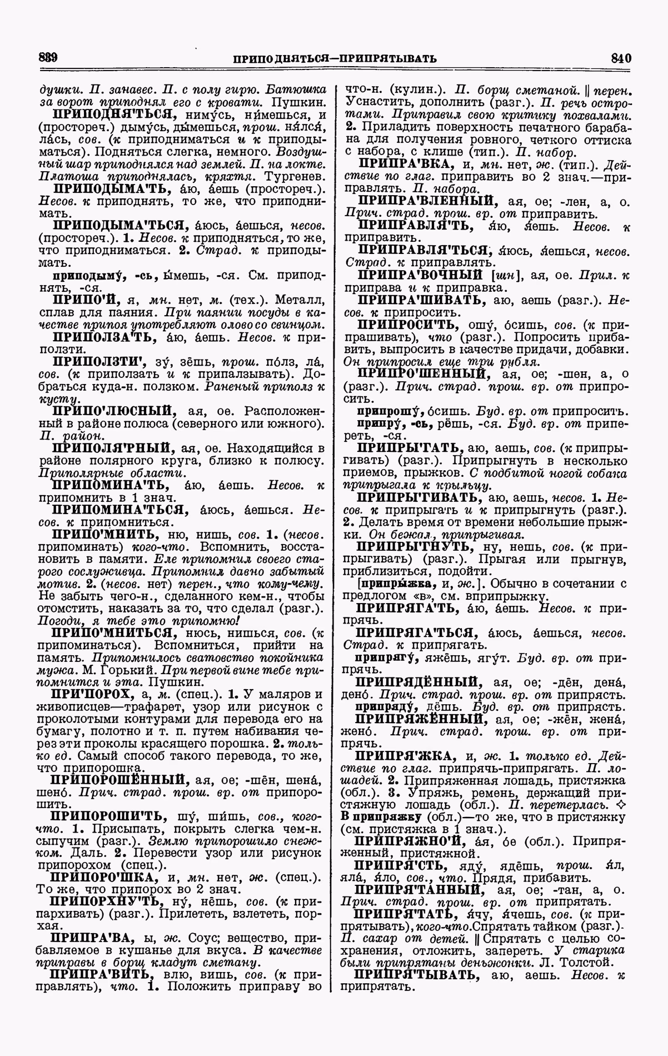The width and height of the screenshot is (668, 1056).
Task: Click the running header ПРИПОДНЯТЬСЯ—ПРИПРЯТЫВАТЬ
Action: [x=335, y=58]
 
